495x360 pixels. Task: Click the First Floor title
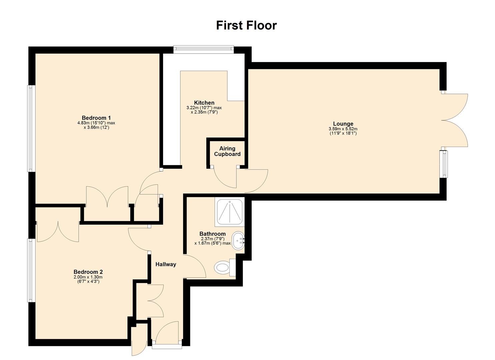coord(246,25)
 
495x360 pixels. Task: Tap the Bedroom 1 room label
coord(96,118)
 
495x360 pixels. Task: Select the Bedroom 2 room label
coord(88,272)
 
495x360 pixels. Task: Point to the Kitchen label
coord(204,103)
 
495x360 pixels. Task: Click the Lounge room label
coord(343,124)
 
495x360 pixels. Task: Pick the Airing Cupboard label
coord(227,151)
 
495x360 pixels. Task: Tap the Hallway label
coord(166,264)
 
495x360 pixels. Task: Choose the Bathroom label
coord(212,234)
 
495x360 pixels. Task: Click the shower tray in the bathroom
coord(230,211)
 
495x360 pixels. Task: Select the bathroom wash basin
coord(238,240)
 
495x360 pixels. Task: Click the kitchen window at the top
coord(203,50)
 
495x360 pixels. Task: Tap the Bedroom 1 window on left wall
coord(31,128)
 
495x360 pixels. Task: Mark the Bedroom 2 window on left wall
coord(31,270)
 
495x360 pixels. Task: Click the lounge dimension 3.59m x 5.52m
coord(343,129)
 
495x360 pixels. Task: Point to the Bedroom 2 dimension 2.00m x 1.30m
coord(88,277)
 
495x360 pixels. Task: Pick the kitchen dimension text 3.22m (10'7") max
coord(204,108)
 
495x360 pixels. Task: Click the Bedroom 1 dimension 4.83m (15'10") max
coord(96,123)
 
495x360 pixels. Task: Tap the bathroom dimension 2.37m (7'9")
coord(212,239)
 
